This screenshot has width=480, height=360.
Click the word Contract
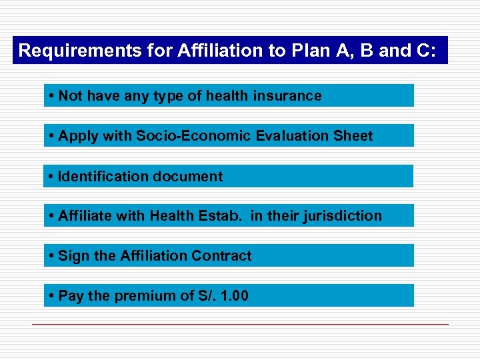coord(221,256)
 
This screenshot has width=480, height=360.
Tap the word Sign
coord(71,256)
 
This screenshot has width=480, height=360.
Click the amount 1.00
coord(234,296)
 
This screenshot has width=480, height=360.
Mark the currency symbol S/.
coord(205,296)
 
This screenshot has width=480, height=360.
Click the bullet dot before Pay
coord(51,296)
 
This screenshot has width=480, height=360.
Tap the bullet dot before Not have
coord(51,96)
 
